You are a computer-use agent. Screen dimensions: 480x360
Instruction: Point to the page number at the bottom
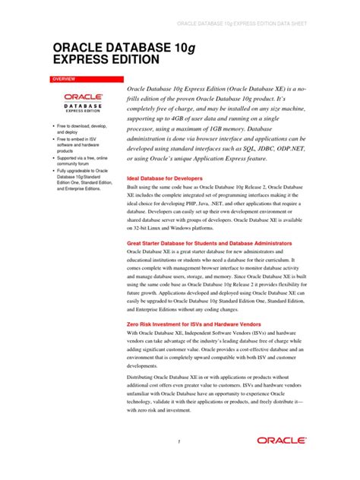(179, 441)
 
